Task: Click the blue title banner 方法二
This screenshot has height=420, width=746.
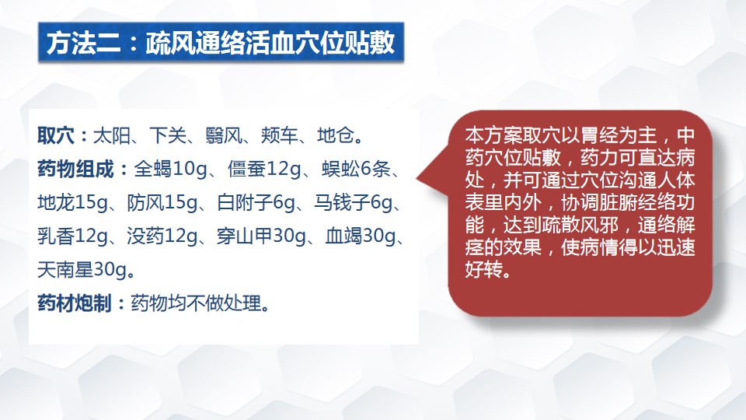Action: [x=221, y=42]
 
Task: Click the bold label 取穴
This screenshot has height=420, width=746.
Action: [x=56, y=135]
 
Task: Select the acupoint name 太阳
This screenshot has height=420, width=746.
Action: [x=112, y=135]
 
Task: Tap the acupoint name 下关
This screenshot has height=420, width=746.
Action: [x=168, y=135]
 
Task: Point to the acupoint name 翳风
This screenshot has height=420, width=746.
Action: [x=224, y=135]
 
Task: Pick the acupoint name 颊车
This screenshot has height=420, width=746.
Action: [x=280, y=135]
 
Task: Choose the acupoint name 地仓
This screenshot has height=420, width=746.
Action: [x=336, y=135]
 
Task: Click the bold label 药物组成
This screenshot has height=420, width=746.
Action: [x=75, y=169]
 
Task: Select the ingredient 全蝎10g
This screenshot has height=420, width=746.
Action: [x=170, y=169]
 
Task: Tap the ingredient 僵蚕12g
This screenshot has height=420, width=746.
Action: [x=264, y=169]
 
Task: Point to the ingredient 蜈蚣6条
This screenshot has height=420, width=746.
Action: [x=356, y=169]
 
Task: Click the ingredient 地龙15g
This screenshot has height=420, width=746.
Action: [x=73, y=203]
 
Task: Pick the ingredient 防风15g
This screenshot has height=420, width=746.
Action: [x=162, y=203]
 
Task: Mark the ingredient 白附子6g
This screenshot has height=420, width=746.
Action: [x=256, y=203]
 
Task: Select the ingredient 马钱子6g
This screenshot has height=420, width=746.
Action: [x=353, y=203]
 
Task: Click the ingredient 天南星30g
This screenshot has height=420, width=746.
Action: [x=82, y=270]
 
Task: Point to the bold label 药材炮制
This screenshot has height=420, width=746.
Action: [x=75, y=303]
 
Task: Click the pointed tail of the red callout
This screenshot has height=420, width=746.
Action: [x=418, y=179]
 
